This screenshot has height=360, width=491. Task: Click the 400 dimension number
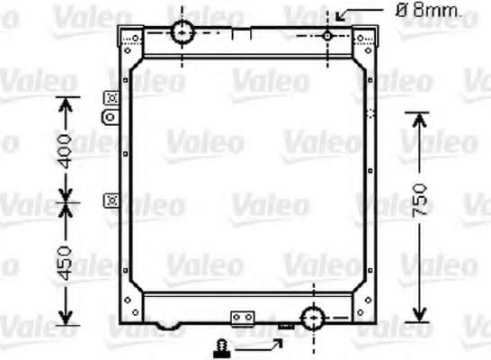point(66,151)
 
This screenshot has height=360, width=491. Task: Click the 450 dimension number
point(66,263)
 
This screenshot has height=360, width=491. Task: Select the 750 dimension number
point(420,200)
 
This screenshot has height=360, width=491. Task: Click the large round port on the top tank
point(183,32)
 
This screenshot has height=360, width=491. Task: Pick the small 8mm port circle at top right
point(327,36)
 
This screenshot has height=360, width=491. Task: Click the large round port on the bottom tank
point(313,318)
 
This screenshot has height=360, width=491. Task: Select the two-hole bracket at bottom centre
point(243,319)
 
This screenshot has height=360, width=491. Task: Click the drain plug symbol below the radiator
point(222,349)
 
